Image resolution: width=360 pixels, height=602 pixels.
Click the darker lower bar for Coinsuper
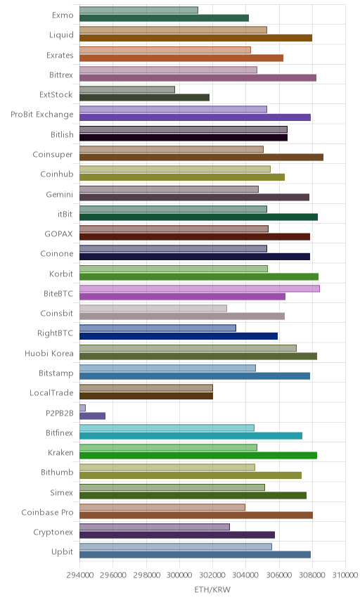coord(202,158)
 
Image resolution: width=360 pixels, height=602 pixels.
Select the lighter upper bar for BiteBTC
coord(200,289)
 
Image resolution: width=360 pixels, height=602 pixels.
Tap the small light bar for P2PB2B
coord(82,408)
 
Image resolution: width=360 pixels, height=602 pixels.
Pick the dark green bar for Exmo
coord(165,18)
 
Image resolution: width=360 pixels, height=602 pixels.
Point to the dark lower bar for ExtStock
coord(145,98)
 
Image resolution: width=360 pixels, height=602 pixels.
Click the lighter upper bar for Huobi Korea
coord(188,348)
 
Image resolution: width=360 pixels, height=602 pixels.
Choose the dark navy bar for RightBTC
coord(179,336)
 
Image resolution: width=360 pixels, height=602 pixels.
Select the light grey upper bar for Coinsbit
coord(153,308)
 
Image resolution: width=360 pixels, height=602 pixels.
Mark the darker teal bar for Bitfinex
coord(191,436)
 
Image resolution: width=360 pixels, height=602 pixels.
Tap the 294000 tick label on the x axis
coord(80,575)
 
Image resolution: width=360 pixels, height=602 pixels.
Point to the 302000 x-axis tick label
coord(212,575)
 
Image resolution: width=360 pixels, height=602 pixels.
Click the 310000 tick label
coord(345,575)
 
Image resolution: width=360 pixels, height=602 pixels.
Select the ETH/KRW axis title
coord(212,590)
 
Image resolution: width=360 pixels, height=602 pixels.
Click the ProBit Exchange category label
coord(41,115)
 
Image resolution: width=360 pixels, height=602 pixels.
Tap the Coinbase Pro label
coord(47,512)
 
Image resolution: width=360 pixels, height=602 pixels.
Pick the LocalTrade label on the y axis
coord(51,392)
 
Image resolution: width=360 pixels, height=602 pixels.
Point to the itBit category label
coord(65,214)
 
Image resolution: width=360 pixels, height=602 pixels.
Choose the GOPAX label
coord(58,233)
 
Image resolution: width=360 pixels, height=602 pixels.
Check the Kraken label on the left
coord(60,453)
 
